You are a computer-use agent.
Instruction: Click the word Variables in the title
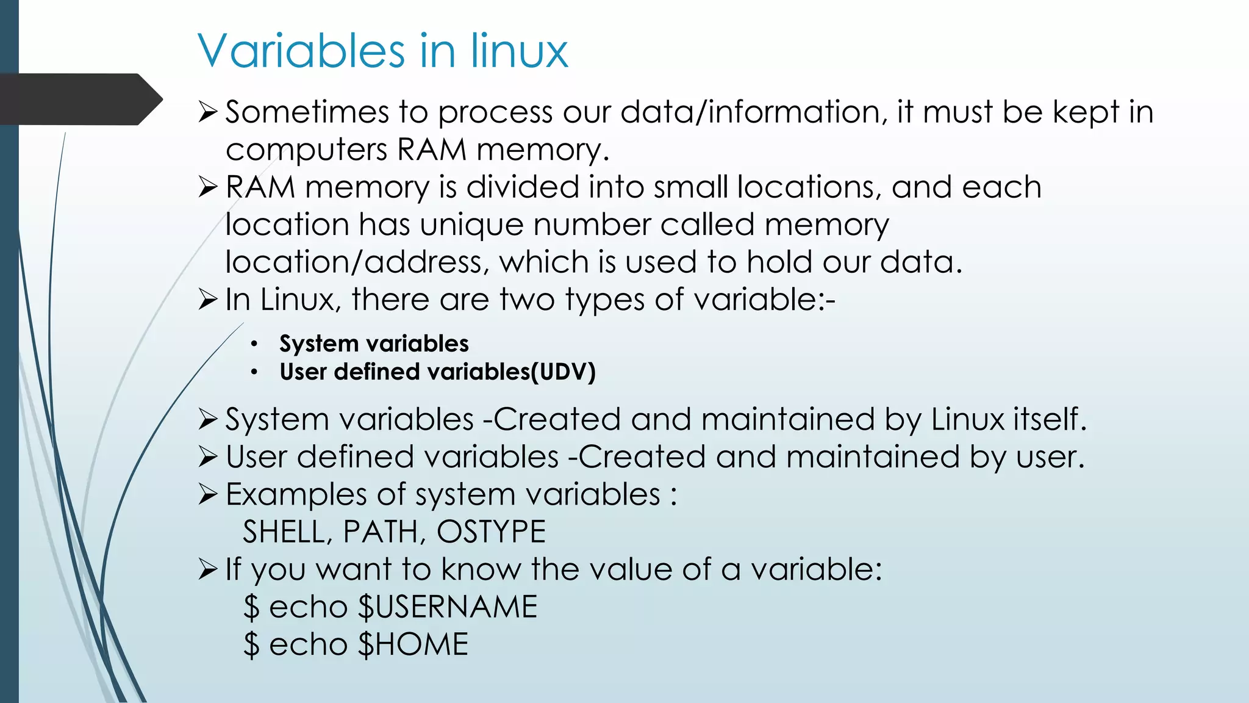tap(301, 51)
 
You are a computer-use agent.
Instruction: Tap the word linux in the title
tap(519, 51)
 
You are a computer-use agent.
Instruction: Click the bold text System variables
tap(374, 344)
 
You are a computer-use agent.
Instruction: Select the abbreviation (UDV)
tap(563, 372)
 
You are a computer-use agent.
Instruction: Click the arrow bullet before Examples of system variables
tap(208, 494)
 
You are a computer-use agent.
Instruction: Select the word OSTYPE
tap(491, 532)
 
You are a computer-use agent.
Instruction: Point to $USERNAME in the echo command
tap(448, 607)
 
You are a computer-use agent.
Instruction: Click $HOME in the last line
tap(413, 644)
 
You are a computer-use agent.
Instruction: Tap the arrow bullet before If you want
tap(208, 569)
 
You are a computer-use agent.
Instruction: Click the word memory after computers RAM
tap(542, 150)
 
